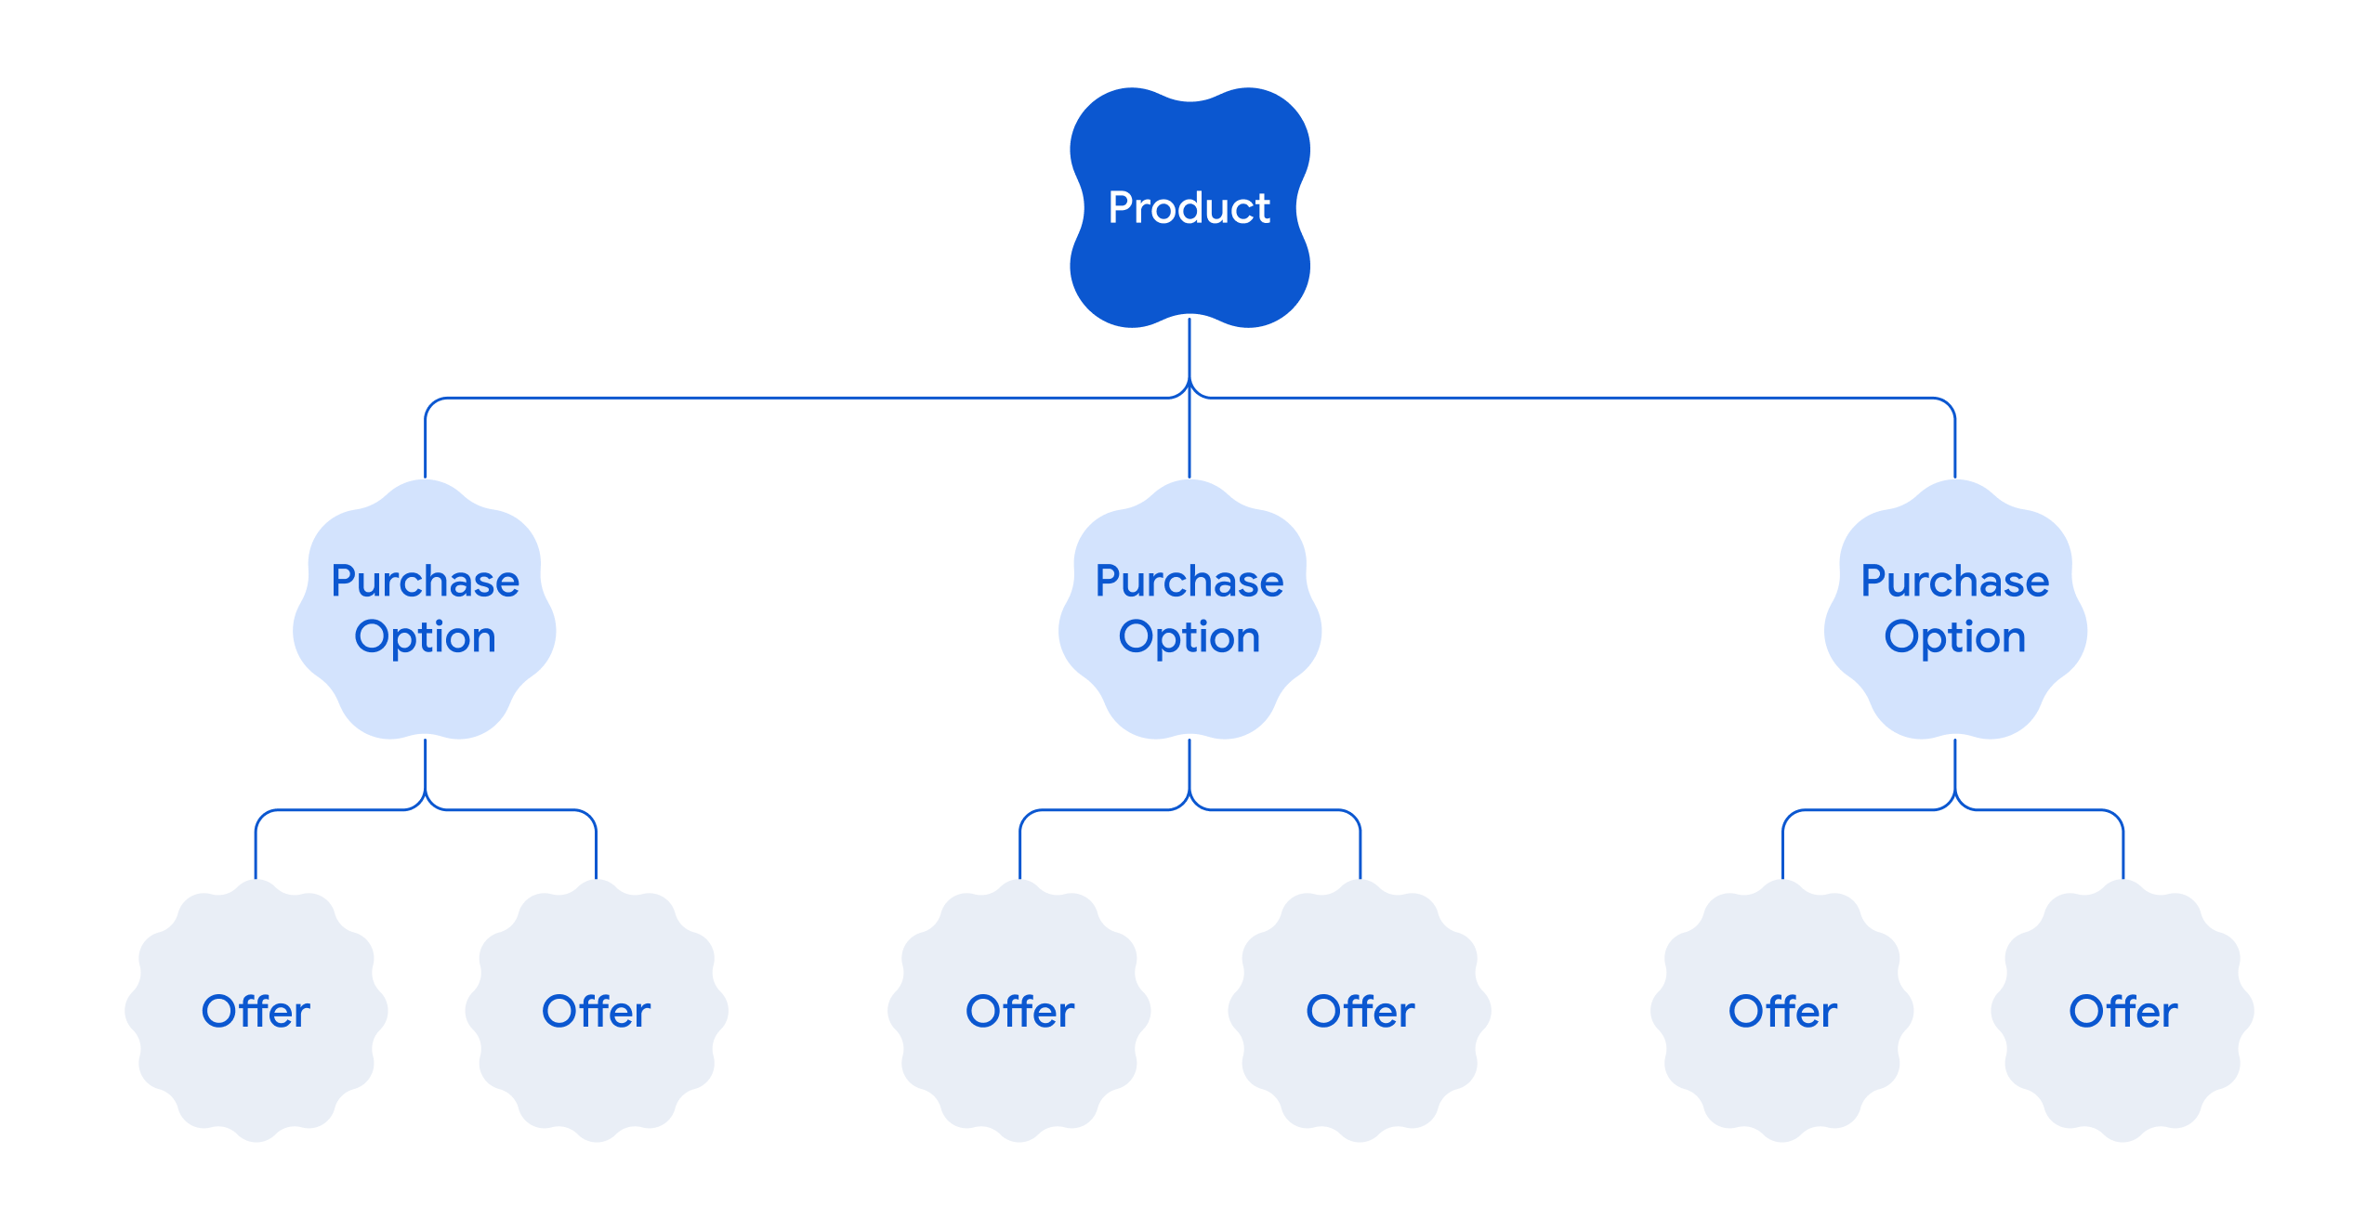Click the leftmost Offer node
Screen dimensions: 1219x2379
(x=256, y=1011)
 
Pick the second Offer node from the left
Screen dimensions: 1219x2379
(x=596, y=1011)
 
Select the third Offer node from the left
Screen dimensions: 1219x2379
(x=1019, y=1011)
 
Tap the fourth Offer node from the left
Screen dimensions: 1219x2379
(x=1360, y=1011)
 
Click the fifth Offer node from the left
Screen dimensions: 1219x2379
(x=1782, y=1011)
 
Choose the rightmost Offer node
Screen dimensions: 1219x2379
(x=2123, y=1011)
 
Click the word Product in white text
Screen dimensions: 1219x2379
(x=1189, y=208)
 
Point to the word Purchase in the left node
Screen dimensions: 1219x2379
(x=425, y=582)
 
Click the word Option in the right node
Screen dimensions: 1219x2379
(x=1954, y=637)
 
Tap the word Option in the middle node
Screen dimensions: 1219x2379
(x=1189, y=637)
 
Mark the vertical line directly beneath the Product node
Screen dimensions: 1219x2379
(x=1189, y=348)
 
